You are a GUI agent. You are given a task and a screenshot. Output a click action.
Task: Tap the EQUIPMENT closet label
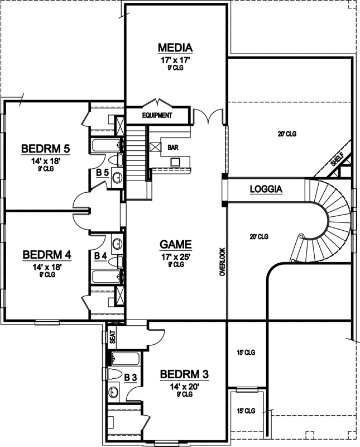pos(157,116)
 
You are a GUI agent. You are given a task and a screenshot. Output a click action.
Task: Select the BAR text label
pos(172,148)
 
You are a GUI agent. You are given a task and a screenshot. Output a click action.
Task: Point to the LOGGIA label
pos(266,189)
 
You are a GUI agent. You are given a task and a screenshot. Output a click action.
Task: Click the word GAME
pos(176,244)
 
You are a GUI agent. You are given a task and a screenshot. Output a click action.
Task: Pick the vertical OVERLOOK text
pos(222,262)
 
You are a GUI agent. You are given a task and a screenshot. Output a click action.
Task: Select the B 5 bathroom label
pos(102,173)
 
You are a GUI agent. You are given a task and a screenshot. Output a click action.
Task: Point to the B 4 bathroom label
pos(100,256)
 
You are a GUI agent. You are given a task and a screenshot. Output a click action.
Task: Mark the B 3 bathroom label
pos(130,378)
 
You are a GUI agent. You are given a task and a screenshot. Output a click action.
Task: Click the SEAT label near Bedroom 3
pos(112,337)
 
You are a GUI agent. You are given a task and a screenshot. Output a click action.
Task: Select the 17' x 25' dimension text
pos(176,256)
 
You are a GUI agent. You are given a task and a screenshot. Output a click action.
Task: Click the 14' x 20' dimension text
pos(184,386)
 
